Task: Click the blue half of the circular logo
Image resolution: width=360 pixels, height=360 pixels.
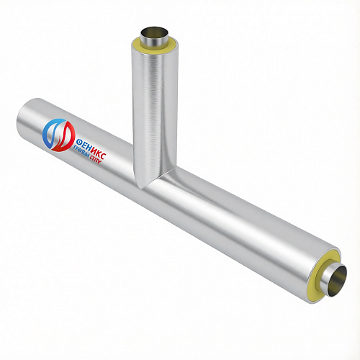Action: (x=47, y=135)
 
